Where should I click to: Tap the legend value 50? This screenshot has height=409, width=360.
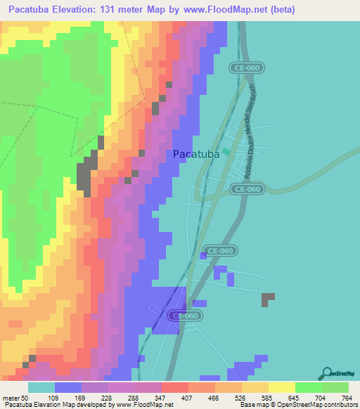pos(29,397)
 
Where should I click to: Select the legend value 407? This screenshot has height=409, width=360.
pos(188,397)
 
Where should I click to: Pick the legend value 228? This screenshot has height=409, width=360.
pos(108,397)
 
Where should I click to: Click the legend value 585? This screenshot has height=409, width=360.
pos(268,397)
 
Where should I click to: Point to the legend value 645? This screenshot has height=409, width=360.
pos(295,397)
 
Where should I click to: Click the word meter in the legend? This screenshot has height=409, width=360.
pos(12,397)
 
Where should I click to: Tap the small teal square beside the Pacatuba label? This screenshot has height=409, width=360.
pos(227,152)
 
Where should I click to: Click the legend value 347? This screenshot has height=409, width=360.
pos(161,397)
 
